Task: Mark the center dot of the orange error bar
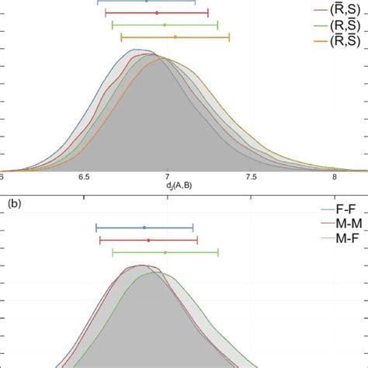[x=175, y=36]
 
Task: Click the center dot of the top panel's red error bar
[x=157, y=13]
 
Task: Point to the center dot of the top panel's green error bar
[x=165, y=25]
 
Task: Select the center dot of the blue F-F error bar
[x=144, y=227]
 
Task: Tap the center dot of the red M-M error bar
[x=148, y=240]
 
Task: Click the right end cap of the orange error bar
[x=229, y=36]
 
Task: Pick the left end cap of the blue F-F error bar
[x=96, y=227]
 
